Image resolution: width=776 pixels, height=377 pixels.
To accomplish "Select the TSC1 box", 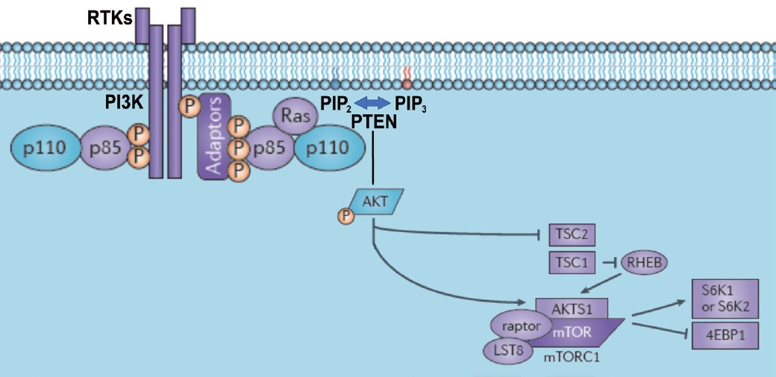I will click(572, 263).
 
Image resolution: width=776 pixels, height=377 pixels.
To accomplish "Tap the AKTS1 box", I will click(572, 307).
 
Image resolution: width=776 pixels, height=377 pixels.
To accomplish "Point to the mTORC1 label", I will click(573, 357).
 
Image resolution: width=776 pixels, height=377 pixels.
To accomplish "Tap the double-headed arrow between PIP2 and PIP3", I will click(372, 102).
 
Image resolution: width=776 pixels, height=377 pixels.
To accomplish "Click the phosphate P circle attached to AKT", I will click(346, 216).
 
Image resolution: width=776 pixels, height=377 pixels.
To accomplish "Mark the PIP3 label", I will click(411, 102).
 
